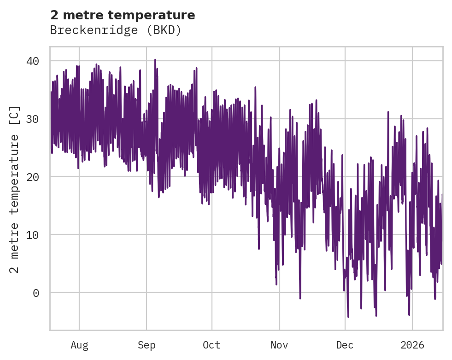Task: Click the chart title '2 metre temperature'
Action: [123, 15]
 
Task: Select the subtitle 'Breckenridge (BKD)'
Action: [116, 30]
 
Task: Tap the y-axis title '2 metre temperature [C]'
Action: [15, 189]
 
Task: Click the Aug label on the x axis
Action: [79, 345]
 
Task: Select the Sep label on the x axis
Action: [147, 345]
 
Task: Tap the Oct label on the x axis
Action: [212, 345]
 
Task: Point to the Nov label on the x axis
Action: [279, 345]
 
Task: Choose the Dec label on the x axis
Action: [345, 345]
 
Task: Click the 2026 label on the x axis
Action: [412, 345]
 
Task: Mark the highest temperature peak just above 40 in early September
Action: [155, 60]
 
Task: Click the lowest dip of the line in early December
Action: [348, 317]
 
